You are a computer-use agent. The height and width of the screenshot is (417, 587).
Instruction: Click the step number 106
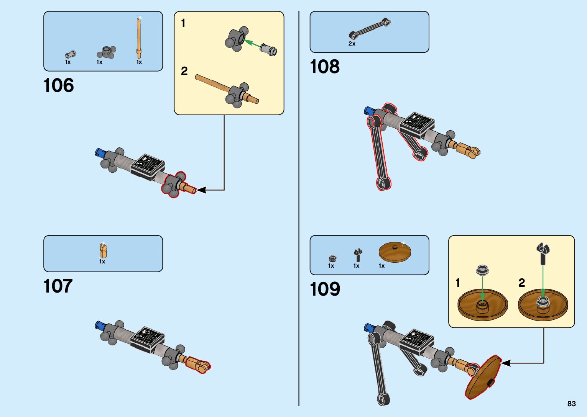pos(59,85)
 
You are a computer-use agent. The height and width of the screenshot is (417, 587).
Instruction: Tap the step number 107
pos(58,286)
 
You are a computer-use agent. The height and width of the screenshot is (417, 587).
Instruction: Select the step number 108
pos(325,67)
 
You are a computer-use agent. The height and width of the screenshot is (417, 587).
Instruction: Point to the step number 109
pos(325,289)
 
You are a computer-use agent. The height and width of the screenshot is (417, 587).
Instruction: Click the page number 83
pos(571,404)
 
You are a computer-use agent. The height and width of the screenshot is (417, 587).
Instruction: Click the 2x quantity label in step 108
pos(352,44)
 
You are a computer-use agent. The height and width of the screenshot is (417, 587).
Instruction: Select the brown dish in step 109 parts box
pos(395,252)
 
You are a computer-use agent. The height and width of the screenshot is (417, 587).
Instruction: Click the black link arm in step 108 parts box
pos(370,29)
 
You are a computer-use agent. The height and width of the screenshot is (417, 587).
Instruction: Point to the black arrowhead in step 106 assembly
pos(201,190)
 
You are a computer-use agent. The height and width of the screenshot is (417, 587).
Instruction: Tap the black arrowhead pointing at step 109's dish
pos(506,363)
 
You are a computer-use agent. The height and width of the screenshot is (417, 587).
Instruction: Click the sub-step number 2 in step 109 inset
pos(521,283)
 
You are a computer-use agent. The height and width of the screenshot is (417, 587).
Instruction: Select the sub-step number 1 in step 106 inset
pos(183,24)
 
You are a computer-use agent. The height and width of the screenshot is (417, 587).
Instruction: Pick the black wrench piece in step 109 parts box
pos(357,255)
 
